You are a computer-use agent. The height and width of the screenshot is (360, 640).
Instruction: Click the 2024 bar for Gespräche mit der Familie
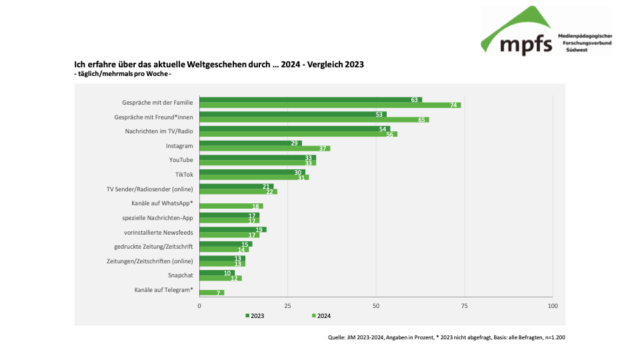click(x=330, y=105)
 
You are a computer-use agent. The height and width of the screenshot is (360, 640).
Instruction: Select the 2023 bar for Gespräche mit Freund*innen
click(x=293, y=114)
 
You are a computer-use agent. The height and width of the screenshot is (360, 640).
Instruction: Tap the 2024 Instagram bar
click(x=265, y=149)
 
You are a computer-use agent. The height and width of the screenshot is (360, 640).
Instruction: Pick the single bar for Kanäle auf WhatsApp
click(x=231, y=206)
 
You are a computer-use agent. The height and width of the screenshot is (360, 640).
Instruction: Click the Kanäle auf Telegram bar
click(x=212, y=293)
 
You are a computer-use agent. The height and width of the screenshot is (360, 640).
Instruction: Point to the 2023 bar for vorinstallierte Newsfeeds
click(x=233, y=229)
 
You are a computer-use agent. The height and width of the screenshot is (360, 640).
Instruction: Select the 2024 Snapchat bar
click(x=221, y=278)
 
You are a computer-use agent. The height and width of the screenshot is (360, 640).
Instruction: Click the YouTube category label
click(x=181, y=160)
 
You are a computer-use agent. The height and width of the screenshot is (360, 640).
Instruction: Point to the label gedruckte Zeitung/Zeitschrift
click(x=153, y=246)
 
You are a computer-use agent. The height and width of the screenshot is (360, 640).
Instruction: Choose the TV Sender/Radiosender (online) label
click(x=149, y=189)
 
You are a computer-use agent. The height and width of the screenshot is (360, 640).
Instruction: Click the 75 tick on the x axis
click(x=464, y=305)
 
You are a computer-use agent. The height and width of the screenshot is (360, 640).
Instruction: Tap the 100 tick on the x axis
click(x=552, y=305)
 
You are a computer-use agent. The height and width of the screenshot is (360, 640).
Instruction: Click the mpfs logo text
click(x=525, y=44)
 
